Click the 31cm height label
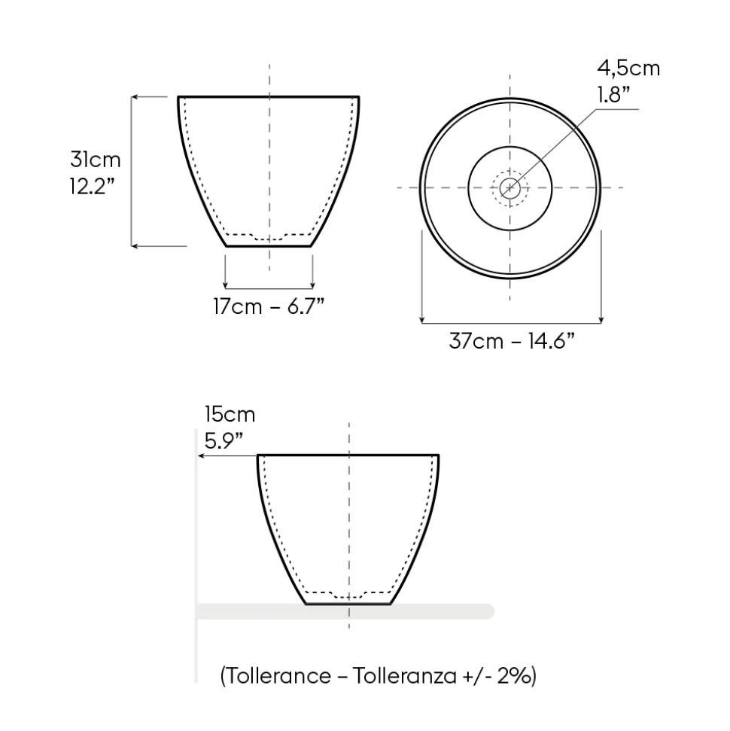(x=96, y=160)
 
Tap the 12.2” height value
(x=93, y=187)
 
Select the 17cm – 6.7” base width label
(x=269, y=306)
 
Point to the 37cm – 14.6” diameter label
(x=511, y=341)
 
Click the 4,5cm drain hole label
(x=629, y=69)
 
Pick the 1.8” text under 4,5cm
(x=613, y=95)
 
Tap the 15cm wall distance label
(x=230, y=415)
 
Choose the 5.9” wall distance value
(x=224, y=440)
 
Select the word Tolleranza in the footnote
(x=404, y=675)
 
